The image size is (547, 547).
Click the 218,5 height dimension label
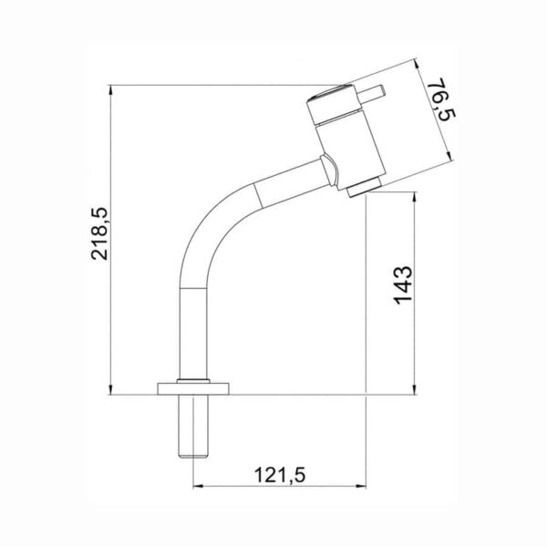coord(99,233)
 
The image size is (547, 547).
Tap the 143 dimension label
coord(404,285)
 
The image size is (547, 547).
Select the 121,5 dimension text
coord(280,475)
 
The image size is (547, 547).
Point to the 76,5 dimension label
coord(440,99)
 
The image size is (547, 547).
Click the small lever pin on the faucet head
coord(372,93)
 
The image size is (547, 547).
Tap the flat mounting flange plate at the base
coord(193,388)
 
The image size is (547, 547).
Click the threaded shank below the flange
coord(193,426)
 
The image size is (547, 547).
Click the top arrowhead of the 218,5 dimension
coord(110,90)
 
